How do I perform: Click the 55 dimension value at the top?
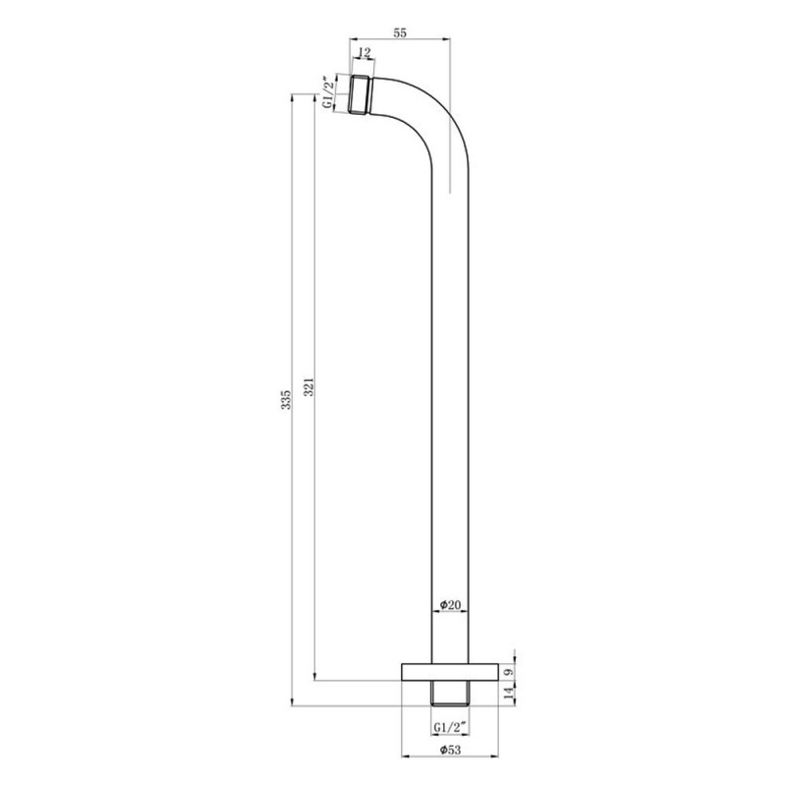401,32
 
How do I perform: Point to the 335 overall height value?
285,400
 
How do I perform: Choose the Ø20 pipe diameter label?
450,604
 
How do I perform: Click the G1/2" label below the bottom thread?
450,728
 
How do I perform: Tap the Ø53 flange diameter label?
450,750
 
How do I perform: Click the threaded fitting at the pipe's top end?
360,95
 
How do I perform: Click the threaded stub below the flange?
451,693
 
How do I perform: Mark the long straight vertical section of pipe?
451,393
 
